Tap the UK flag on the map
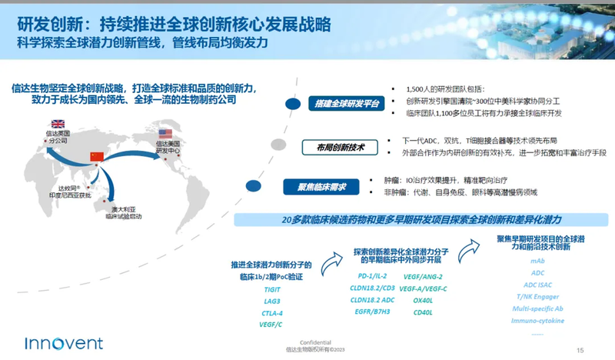pyautogui.click(x=57, y=124)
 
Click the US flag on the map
pyautogui.click(x=165, y=133)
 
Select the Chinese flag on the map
pyautogui.click(x=97, y=156)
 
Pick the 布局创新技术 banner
pyautogui.click(x=340, y=147)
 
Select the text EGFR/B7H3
pyautogui.click(x=372, y=312)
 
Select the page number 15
pyautogui.click(x=580, y=348)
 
